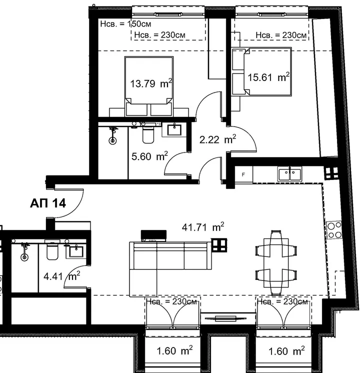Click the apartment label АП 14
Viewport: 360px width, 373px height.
48,203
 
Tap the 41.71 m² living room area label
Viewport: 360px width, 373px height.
203,227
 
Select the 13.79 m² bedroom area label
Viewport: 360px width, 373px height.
151,83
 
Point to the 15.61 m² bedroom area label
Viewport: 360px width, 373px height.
268,77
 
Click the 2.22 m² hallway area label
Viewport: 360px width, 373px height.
217,139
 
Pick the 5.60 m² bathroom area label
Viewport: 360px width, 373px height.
149,156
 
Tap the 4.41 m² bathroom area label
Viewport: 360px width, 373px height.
62,276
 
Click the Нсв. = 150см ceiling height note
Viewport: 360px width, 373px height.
125,24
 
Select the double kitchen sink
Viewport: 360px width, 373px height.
289,173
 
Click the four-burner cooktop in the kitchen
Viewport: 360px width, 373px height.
334,230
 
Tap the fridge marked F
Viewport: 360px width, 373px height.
243,174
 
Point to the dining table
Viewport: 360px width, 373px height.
276,263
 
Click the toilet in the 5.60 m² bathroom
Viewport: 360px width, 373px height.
148,134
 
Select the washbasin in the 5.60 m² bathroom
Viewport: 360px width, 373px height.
174,130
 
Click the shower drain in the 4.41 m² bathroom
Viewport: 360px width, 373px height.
24,257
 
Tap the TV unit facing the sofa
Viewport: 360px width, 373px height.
153,235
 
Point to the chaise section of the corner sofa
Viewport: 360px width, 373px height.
143,283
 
